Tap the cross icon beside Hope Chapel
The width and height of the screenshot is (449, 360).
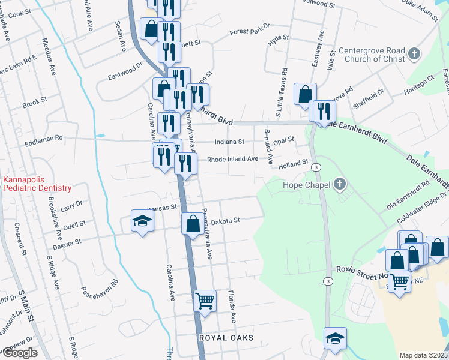[340, 183]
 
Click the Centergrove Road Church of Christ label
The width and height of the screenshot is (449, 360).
[372, 55]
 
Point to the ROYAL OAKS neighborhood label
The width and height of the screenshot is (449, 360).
[226, 338]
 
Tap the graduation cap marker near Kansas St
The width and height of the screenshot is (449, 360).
[142, 221]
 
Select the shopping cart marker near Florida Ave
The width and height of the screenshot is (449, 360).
[205, 301]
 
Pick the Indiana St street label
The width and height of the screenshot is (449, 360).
[230, 142]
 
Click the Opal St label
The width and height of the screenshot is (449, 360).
[283, 140]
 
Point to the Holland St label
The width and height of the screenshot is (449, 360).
[293, 162]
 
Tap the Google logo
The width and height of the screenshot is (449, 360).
[19, 353]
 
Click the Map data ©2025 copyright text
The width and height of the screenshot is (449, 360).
[423, 355]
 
